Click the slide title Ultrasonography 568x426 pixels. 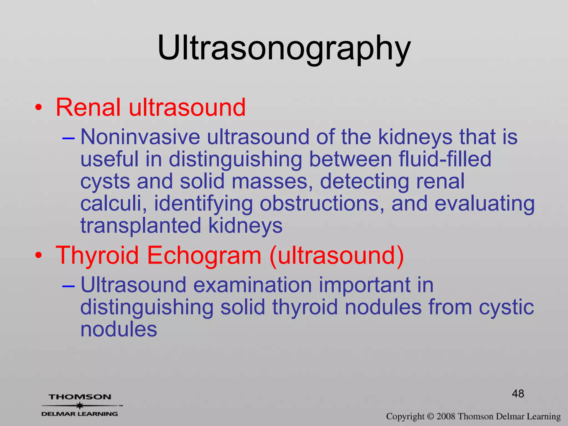pyautogui.click(x=284, y=48)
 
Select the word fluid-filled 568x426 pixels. pyautogui.click(x=445, y=159)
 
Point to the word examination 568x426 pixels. pyautogui.click(x=252, y=285)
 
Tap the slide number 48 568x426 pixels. pyautogui.click(x=518, y=394)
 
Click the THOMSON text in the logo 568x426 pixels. pyautogui.click(x=80, y=397)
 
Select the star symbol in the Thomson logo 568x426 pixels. pyautogui.click(x=80, y=405)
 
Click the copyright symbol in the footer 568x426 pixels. pyautogui.click(x=430, y=416)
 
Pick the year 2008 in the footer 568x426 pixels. pyautogui.click(x=446, y=416)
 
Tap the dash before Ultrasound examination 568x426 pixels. pyautogui.click(x=69, y=285)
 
